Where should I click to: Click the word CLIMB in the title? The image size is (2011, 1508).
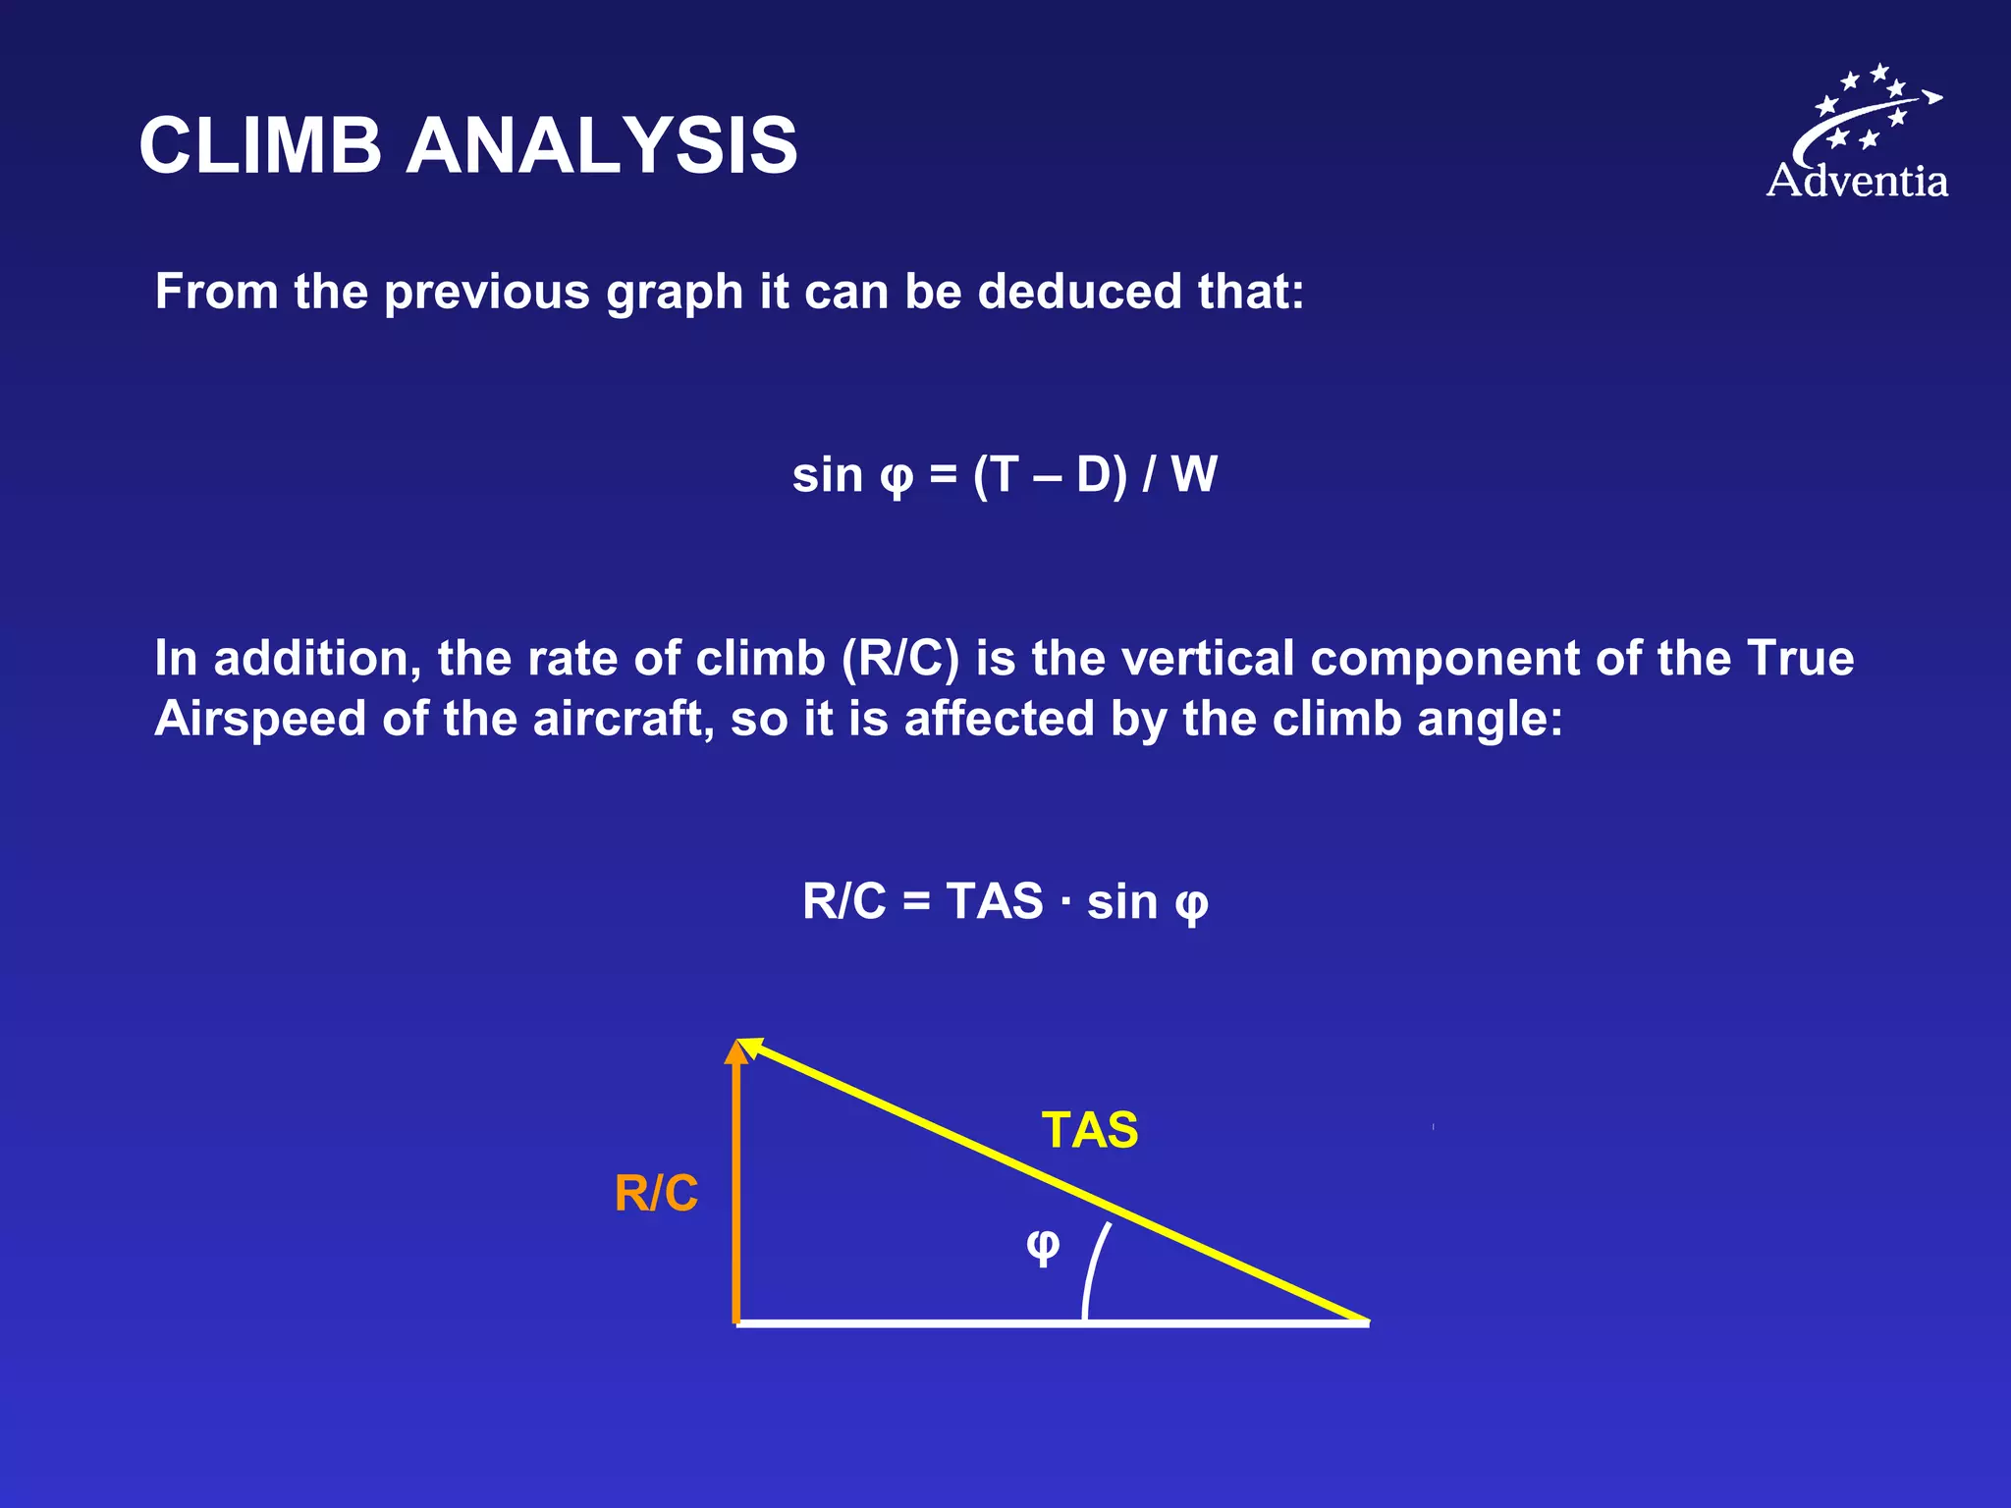point(260,145)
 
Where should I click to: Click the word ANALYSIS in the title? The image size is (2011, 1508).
point(602,145)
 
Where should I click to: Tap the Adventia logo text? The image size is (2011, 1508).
point(1857,182)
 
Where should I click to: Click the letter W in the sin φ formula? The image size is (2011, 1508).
point(1194,474)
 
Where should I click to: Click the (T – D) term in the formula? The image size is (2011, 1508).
point(1050,475)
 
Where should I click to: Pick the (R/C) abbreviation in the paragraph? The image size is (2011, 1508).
point(899,658)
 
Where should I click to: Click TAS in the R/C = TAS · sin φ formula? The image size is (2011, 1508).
point(994,901)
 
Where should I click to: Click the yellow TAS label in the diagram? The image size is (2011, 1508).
point(1090,1130)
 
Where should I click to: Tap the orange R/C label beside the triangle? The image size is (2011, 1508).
point(656,1194)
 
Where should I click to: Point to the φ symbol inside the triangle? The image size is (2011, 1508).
point(1043,1246)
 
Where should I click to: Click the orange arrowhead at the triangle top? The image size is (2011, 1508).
point(736,1053)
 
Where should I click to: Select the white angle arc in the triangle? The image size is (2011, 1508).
point(1093,1271)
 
